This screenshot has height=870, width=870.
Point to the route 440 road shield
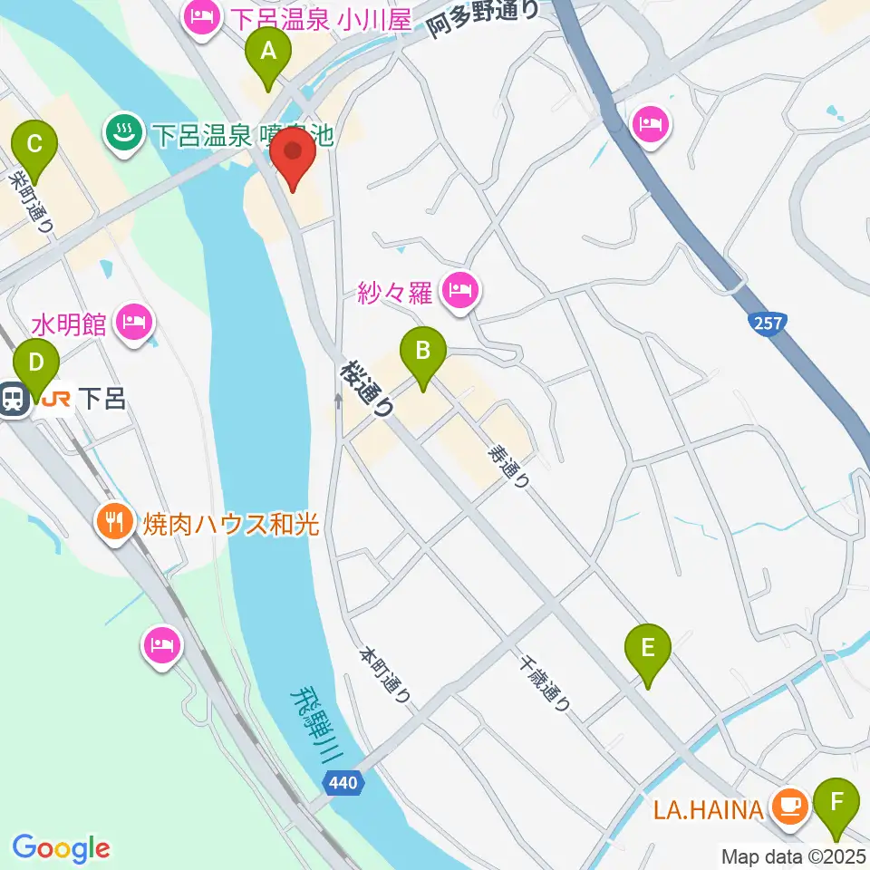[344, 782]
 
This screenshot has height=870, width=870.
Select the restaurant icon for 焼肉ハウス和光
[114, 522]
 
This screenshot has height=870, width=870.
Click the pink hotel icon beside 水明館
[135, 322]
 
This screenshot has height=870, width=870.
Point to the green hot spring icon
[122, 134]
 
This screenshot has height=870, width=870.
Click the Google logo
[61, 848]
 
